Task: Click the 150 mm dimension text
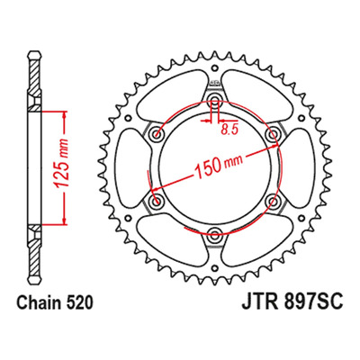pyautogui.click(x=219, y=166)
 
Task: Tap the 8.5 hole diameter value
pyautogui.click(x=229, y=130)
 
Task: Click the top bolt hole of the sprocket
pyautogui.click(x=214, y=100)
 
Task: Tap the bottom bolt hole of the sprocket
pyautogui.click(x=215, y=235)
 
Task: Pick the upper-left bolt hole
pyautogui.click(x=156, y=133)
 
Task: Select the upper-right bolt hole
pyautogui.click(x=274, y=133)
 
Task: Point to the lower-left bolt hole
pyautogui.click(x=156, y=202)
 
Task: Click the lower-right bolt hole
pyautogui.click(x=274, y=202)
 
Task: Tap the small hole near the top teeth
pyautogui.click(x=214, y=67)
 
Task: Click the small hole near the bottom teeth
pyautogui.click(x=215, y=267)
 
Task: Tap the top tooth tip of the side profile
pyautogui.click(x=34, y=53)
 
